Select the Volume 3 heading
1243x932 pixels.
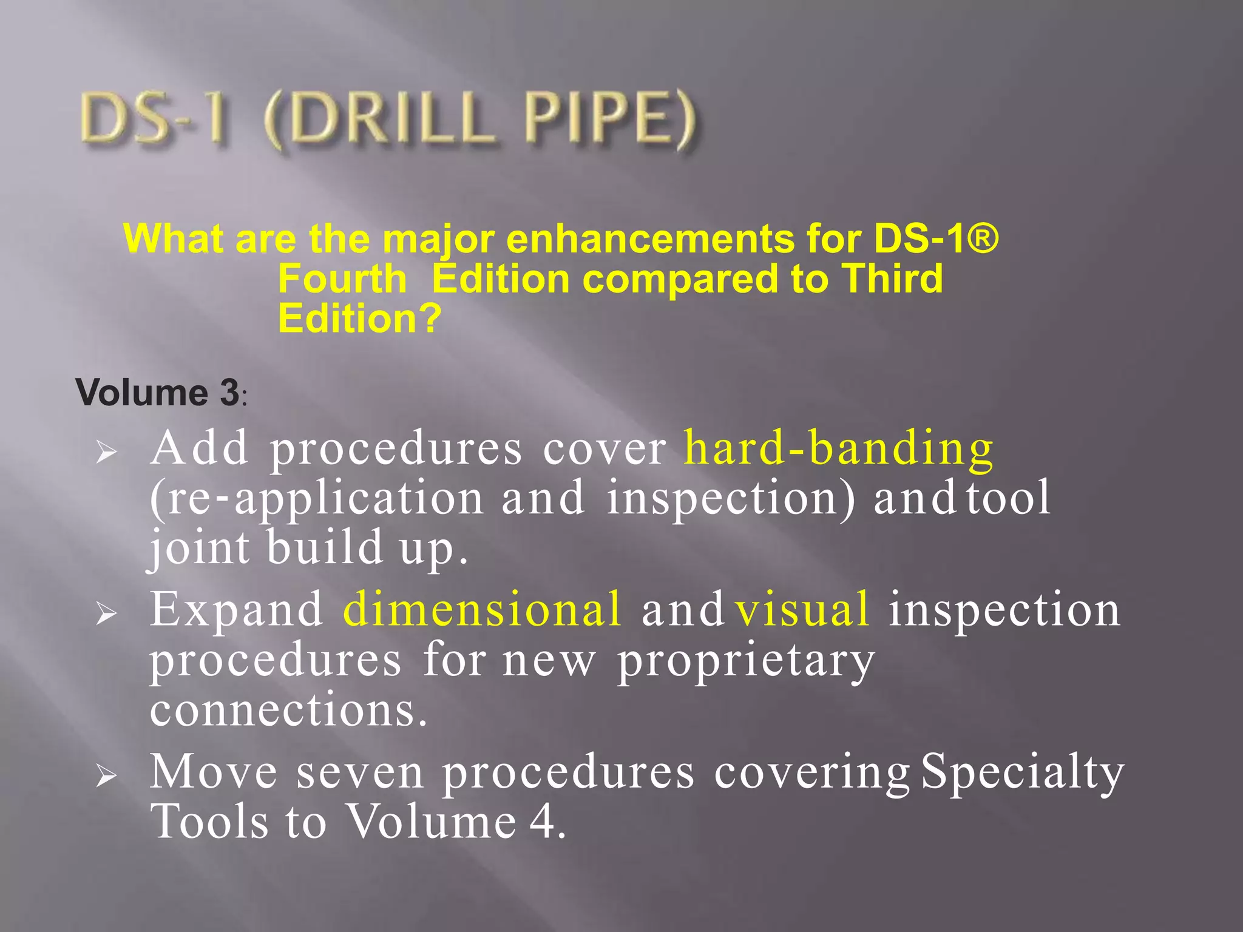coord(158,393)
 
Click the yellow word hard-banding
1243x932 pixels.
coord(838,449)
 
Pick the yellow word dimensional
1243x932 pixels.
coord(483,609)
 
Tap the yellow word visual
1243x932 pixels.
coord(802,609)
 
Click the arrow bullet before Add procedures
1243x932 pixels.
coord(106,453)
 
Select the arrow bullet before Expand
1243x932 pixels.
coord(106,614)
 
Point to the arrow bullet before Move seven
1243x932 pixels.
coord(106,776)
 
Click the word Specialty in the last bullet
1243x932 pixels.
coord(1022,773)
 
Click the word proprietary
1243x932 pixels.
coord(746,661)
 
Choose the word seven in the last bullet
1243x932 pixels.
coord(360,772)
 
